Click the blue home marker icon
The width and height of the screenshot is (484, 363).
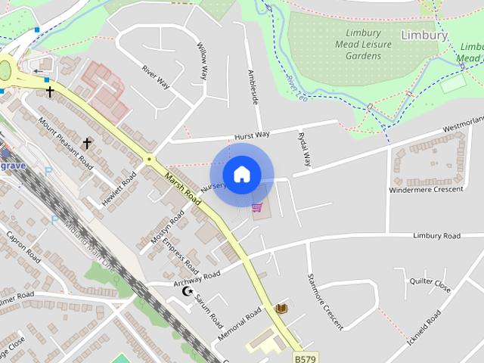[241, 175]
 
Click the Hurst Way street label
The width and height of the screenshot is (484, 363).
[252, 135]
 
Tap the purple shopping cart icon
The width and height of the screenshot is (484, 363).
[258, 206]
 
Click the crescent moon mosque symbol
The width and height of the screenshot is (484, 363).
[188, 291]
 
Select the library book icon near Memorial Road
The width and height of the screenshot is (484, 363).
[282, 309]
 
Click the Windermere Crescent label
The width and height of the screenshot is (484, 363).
[426, 188]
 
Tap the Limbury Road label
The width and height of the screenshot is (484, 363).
[436, 236]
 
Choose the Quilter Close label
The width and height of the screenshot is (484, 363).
[430, 286]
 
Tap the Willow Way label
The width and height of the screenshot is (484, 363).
[202, 61]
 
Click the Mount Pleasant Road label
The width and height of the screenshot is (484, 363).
[66, 143]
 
